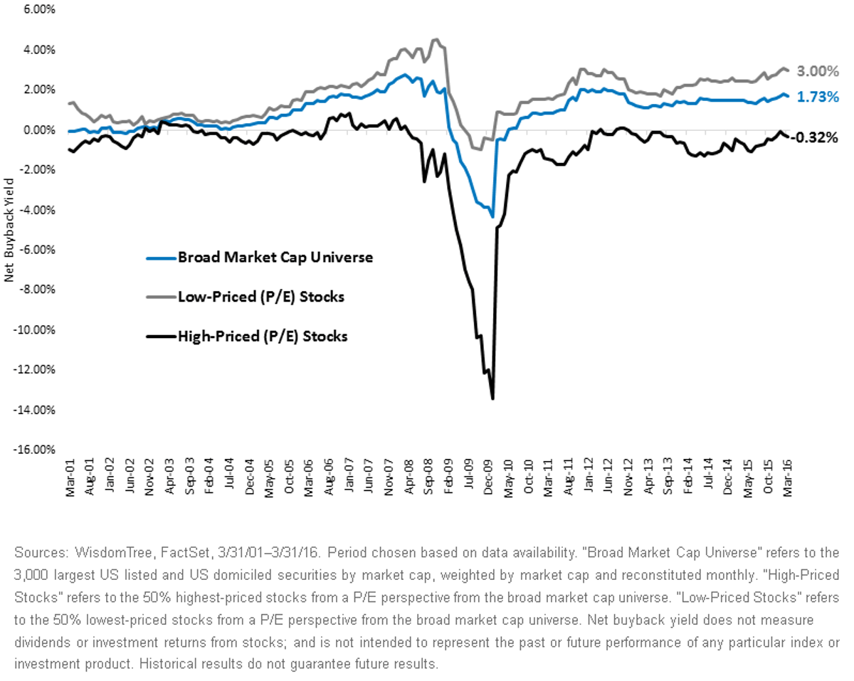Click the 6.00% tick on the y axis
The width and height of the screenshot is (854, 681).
(x=39, y=9)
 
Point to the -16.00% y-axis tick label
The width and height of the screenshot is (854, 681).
(x=35, y=450)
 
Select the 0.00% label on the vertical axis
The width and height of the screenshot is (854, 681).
(x=39, y=130)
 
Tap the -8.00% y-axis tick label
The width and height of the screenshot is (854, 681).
(x=36, y=290)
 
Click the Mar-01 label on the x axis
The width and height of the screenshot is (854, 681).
(x=70, y=477)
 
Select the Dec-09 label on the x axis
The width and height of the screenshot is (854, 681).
(x=488, y=477)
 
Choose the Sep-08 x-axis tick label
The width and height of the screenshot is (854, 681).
(x=428, y=477)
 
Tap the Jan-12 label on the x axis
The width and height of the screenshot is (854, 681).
(x=588, y=476)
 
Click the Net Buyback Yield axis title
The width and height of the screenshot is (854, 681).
(x=9, y=230)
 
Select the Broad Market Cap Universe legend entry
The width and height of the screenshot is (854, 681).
(x=260, y=257)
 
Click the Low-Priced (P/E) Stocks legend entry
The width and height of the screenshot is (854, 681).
(x=246, y=297)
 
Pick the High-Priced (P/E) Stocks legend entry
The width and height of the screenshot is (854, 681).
(x=247, y=337)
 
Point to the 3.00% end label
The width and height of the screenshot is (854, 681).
(x=818, y=71)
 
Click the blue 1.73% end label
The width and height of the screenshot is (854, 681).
(x=818, y=97)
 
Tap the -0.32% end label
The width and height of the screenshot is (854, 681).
(x=814, y=137)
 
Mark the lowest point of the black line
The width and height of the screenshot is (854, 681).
(x=493, y=398)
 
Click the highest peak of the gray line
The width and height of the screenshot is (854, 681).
(x=436, y=39)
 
